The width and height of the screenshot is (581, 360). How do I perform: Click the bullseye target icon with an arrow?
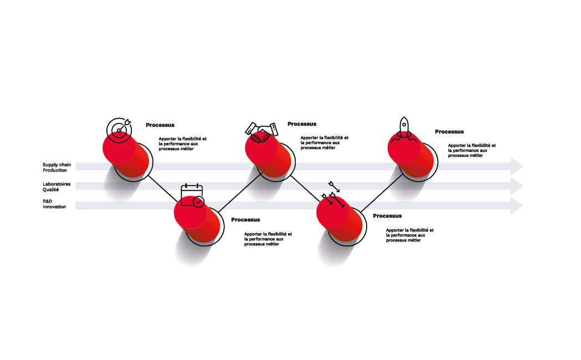click(119, 130)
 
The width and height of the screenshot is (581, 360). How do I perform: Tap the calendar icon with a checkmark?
click(192, 195)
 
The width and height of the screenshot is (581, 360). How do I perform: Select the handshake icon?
click(261, 132)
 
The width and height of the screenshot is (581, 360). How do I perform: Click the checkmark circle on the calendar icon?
click(199, 202)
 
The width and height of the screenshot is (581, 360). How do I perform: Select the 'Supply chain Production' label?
click(56, 167)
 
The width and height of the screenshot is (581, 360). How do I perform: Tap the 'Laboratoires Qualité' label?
click(56, 187)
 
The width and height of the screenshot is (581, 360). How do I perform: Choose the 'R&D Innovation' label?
click(54, 204)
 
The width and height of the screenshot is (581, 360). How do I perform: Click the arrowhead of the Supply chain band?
click(516, 167)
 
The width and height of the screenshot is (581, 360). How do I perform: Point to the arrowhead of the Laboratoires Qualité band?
click(516, 186)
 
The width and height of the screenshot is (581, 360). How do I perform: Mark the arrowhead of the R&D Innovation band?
click(516, 205)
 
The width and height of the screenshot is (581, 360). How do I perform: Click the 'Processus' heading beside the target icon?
click(160, 125)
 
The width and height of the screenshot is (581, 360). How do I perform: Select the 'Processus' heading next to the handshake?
click(302, 124)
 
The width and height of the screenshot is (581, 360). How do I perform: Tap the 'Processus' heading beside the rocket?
click(449, 132)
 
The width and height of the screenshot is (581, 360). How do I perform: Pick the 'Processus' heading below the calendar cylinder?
click(245, 220)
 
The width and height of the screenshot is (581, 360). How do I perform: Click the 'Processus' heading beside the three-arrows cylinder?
click(387, 216)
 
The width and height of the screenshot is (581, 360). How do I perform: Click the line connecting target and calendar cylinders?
click(163, 189)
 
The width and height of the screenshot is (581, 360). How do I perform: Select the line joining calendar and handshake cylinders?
click(240, 192)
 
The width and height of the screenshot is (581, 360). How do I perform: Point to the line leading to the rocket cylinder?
click(382, 193)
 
